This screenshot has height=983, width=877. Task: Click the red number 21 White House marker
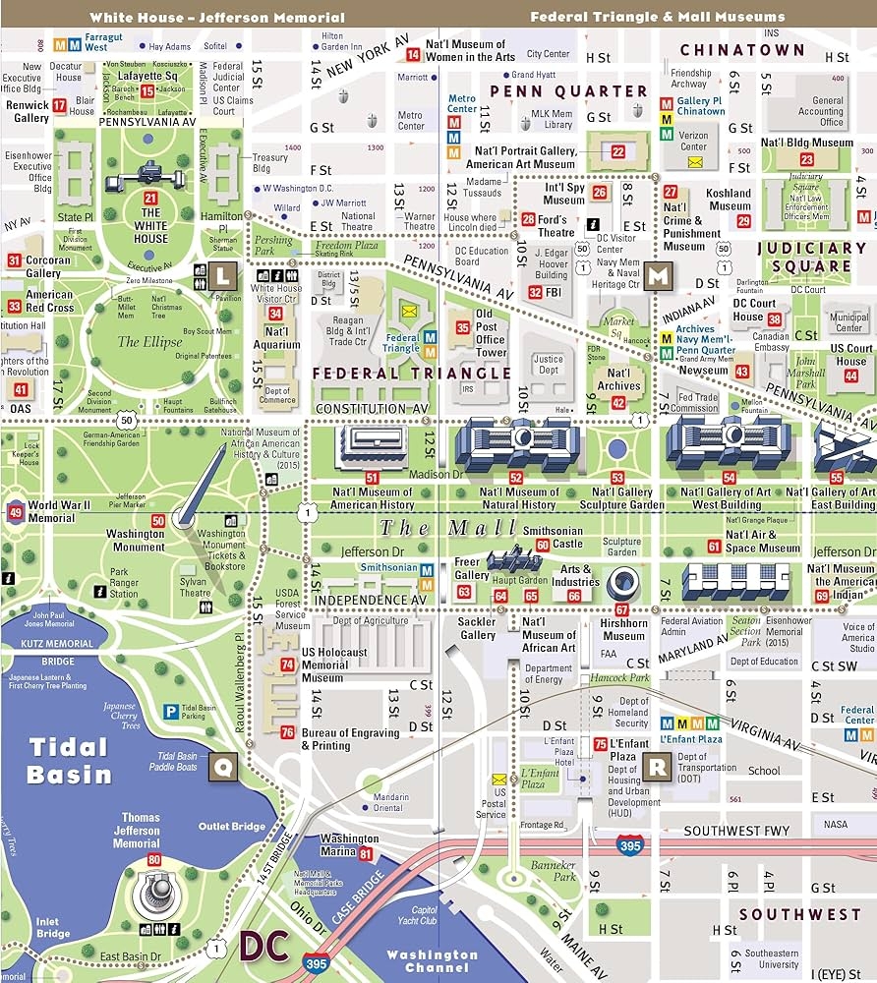tap(150, 198)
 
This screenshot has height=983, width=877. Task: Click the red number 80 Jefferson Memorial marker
tap(153, 860)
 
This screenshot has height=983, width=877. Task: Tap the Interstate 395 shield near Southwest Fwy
tap(630, 843)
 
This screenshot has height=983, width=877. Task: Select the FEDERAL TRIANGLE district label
tap(412, 374)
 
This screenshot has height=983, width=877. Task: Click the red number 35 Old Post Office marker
tap(462, 327)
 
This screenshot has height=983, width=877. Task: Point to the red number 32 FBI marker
tap(535, 292)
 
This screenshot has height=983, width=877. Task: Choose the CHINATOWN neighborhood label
tap(742, 50)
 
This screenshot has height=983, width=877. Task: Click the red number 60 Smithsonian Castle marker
tap(598, 548)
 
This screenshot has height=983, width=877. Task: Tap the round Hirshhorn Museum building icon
tap(622, 584)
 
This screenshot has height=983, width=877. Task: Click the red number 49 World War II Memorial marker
tap(15, 512)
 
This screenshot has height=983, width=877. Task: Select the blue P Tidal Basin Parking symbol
tap(171, 710)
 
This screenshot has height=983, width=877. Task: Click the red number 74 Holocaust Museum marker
tap(287, 665)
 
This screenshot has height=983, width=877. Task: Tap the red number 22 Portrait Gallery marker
tap(617, 151)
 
